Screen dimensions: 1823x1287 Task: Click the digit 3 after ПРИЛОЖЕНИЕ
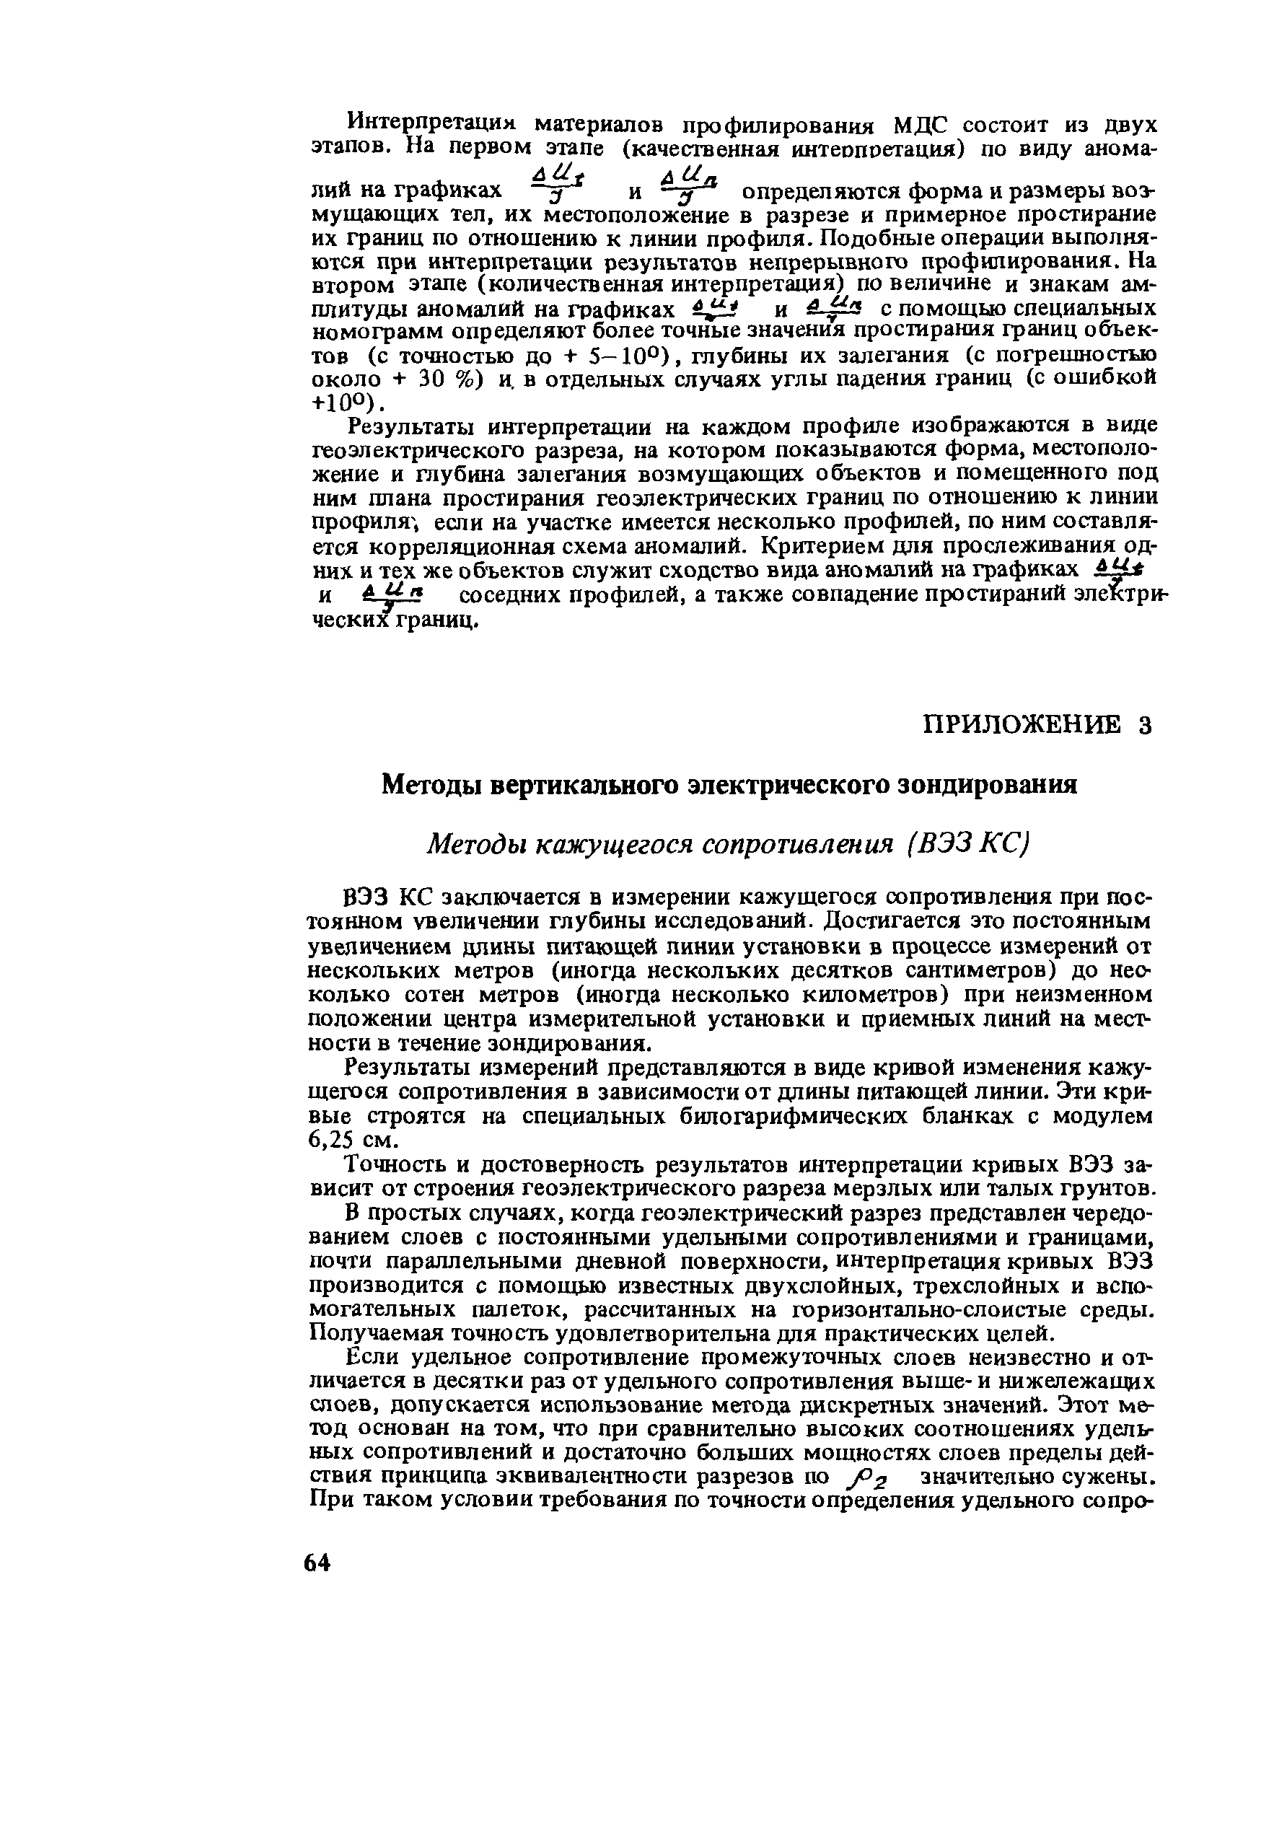(x=1143, y=725)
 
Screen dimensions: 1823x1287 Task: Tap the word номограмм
(x=374, y=331)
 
